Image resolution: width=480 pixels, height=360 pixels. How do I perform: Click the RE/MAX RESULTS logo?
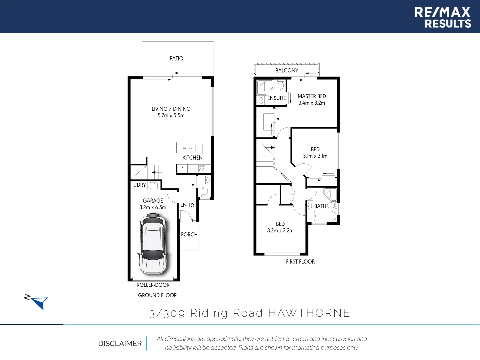pos(442,17)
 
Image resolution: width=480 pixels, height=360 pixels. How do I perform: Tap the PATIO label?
pos(176,59)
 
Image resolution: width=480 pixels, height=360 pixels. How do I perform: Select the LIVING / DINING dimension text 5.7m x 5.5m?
pos(171,116)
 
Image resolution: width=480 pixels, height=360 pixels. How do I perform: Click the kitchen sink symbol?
pos(189,148)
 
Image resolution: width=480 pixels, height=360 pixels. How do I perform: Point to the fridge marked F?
pos(182,169)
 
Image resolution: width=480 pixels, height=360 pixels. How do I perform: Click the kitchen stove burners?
pos(202,169)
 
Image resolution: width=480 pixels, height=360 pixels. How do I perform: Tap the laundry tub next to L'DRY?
pos(154,185)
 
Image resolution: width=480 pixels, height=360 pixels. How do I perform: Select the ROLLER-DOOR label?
pos(153,285)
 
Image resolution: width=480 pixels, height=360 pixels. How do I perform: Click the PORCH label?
pos(189,235)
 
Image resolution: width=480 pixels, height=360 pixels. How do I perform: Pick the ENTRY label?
pos(187,205)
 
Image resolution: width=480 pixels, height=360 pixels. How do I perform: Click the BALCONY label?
pos(287,71)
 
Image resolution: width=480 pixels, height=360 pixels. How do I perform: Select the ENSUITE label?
pos(277,98)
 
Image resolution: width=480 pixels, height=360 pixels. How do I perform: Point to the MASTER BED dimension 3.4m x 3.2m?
pos(312,103)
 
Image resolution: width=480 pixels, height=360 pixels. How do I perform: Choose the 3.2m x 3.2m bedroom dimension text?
pos(280,231)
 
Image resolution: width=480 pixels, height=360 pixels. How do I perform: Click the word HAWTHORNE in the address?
pos(309,313)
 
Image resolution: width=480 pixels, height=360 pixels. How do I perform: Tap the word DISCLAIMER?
pos(120,344)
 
